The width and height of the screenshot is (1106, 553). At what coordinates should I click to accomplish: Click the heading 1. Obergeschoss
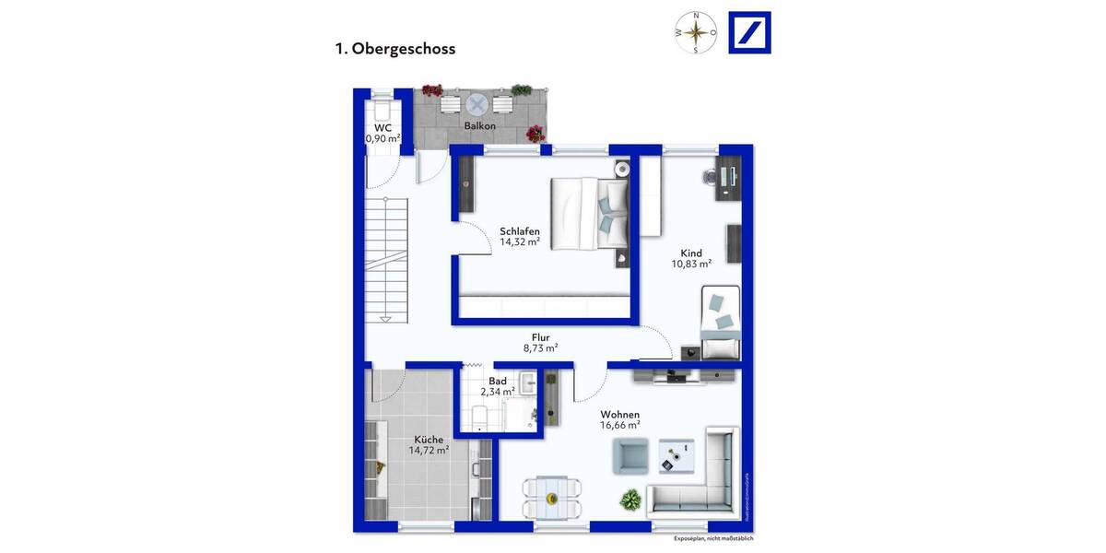(394, 49)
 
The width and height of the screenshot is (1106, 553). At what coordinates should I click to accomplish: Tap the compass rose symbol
(697, 32)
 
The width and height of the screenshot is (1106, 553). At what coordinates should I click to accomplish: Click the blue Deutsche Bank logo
(749, 32)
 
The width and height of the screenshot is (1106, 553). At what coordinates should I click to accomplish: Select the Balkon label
(480, 126)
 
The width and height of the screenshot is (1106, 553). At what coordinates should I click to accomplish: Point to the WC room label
(382, 128)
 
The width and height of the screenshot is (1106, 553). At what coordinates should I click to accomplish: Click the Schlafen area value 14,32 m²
(520, 242)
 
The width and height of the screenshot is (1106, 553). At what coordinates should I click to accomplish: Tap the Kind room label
(691, 253)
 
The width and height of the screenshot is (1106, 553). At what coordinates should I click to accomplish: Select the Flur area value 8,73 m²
(540, 348)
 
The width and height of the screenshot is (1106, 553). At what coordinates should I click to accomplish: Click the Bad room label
(498, 381)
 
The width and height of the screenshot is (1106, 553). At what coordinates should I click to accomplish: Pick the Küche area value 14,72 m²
(429, 451)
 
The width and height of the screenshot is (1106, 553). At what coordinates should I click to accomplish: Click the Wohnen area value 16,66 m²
(620, 427)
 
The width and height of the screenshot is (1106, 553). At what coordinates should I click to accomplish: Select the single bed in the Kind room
(721, 321)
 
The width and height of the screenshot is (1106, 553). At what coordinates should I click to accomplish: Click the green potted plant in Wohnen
(630, 500)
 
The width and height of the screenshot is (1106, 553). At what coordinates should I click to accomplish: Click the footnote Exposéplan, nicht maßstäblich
(713, 538)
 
